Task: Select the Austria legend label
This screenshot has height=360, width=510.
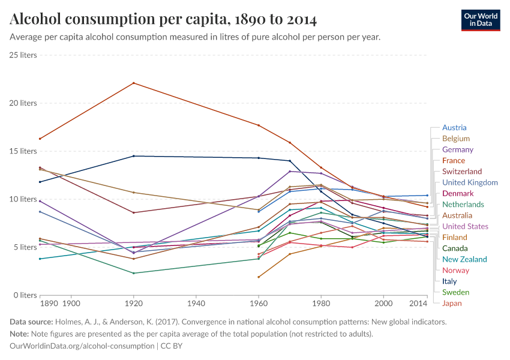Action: click(x=454, y=127)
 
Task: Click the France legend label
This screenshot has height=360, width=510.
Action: click(x=454, y=160)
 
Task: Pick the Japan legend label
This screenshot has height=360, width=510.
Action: click(x=452, y=303)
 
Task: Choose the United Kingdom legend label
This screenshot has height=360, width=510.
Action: click(x=470, y=182)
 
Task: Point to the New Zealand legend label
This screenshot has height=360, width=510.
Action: click(x=465, y=259)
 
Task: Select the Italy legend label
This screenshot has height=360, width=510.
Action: click(x=449, y=281)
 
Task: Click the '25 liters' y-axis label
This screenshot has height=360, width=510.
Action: click(x=23, y=55)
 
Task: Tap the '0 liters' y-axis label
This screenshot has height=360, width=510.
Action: click(x=25, y=295)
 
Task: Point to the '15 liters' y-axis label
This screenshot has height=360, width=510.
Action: click(x=23, y=151)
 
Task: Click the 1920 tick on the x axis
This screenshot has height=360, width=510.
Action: click(x=133, y=304)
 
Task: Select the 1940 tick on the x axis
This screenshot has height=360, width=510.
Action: click(x=196, y=304)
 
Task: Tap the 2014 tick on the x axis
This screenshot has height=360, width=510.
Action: click(x=419, y=304)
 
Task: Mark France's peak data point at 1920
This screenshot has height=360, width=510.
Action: click(x=133, y=83)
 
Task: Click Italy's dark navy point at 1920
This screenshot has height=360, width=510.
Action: click(x=133, y=156)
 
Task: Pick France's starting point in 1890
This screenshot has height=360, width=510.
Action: click(x=40, y=139)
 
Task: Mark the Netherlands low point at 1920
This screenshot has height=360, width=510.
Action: click(x=133, y=273)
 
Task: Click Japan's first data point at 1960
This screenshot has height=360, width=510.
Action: click(x=258, y=277)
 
